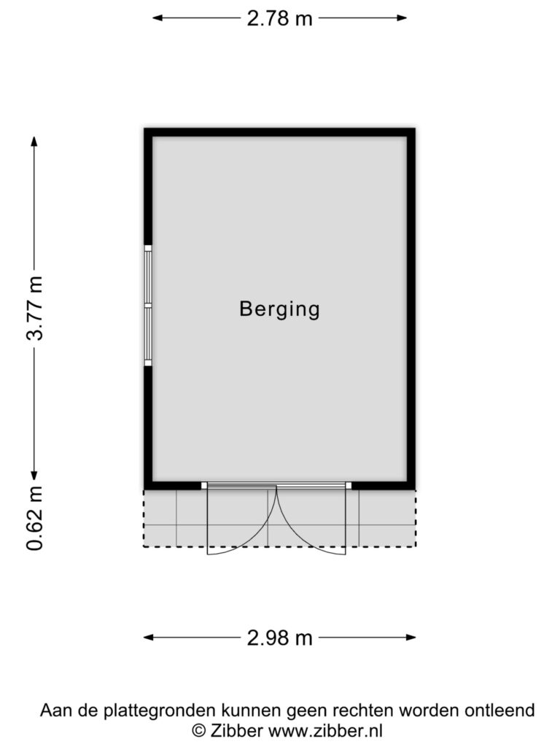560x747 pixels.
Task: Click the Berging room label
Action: [x=279, y=309]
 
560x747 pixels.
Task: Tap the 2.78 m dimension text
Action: [x=279, y=18]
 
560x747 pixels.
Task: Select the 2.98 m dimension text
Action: [x=279, y=638]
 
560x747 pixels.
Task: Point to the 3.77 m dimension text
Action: [x=35, y=308]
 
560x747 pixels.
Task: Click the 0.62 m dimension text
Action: [x=35, y=519]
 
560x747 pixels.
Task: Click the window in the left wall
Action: [x=148, y=306]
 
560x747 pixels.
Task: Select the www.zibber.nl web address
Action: [x=325, y=730]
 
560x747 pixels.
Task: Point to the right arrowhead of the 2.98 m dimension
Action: [x=411, y=638]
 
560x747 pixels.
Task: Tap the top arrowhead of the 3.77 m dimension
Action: [x=34, y=142]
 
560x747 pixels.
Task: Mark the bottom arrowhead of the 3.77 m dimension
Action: [x=34, y=474]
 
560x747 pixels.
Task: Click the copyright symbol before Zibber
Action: [x=199, y=731]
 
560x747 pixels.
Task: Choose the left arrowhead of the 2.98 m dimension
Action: [x=149, y=638]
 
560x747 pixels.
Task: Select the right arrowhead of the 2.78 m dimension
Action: [x=402, y=18]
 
